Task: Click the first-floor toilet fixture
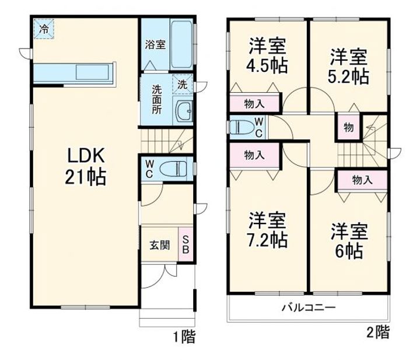171,167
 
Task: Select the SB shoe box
186,244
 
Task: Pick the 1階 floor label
183,336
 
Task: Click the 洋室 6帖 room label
349,240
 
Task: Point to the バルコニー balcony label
309,307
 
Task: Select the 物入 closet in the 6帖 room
363,180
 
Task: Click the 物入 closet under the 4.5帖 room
254,104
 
